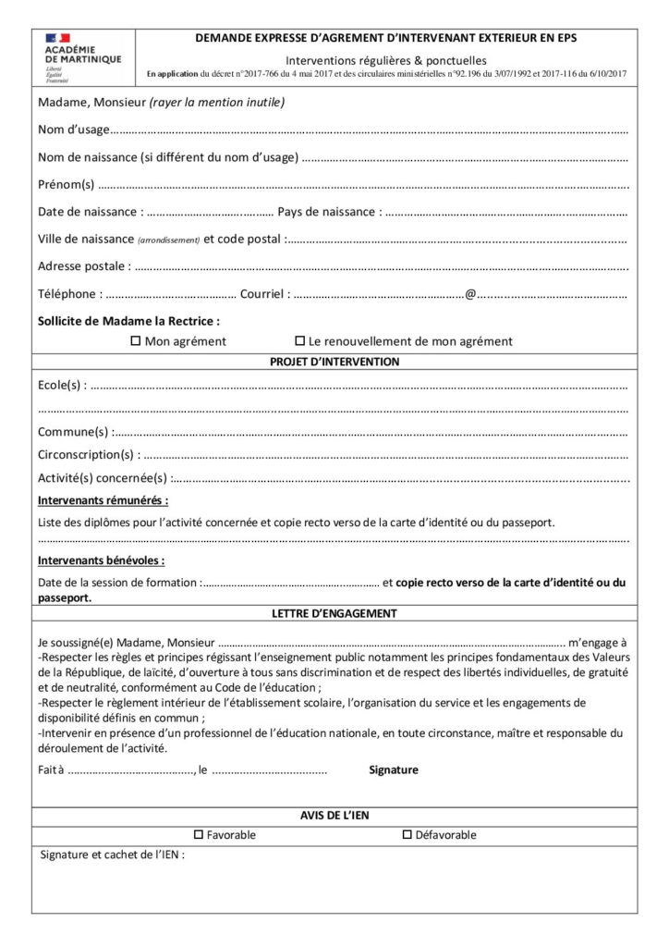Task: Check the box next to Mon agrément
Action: [135, 341]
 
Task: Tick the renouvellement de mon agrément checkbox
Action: [299, 341]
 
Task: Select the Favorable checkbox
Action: [199, 835]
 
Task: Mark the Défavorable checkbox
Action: [407, 835]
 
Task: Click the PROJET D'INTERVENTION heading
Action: [334, 362]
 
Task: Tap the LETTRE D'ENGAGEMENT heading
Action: [334, 613]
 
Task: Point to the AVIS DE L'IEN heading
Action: [334, 814]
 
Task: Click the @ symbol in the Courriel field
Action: [470, 294]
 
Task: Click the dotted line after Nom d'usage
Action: [370, 129]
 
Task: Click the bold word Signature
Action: [394, 769]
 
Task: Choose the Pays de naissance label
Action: [328, 212]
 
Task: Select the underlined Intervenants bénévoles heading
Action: [102, 560]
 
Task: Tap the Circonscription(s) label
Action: [89, 454]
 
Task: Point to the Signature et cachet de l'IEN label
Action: [113, 855]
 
